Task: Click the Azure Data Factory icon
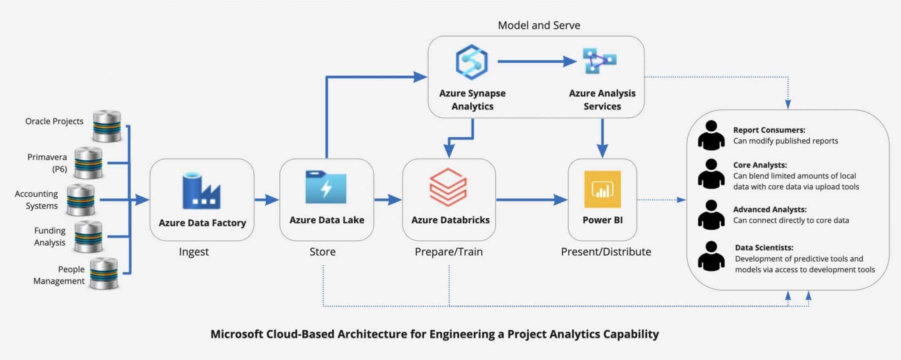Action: (201, 191)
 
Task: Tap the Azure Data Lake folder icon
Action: (326, 187)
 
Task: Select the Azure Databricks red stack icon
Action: (448, 187)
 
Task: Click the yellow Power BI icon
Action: (602, 189)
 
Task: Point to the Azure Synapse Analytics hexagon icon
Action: (472, 62)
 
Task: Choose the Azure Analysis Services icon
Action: (600, 61)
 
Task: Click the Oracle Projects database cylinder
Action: (107, 126)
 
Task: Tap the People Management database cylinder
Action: (104, 273)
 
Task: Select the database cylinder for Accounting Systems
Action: (81, 200)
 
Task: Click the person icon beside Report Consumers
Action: (711, 135)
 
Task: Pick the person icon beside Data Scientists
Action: (711, 257)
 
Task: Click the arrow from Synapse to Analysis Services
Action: (537, 62)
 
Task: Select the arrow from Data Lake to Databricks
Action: (388, 200)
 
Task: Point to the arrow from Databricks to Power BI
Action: (532, 200)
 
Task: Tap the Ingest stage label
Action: (194, 252)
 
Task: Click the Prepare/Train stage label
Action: (449, 252)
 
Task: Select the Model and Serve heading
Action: (539, 26)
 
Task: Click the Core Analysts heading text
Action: (760, 165)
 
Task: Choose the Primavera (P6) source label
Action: (47, 163)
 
